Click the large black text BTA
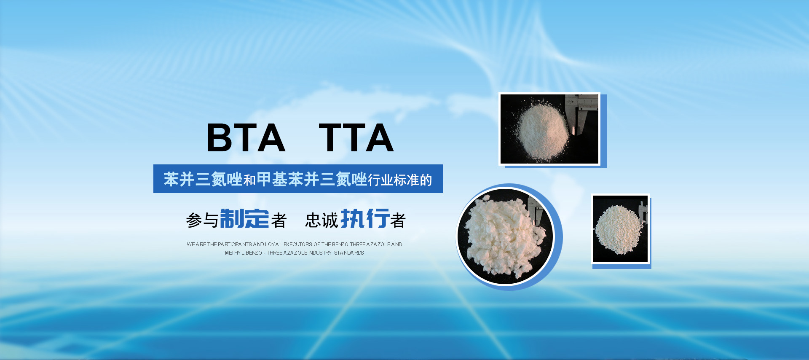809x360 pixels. point(246,137)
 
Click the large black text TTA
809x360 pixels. point(356,137)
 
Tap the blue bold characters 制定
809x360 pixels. point(244,218)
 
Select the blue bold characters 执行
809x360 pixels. point(365,218)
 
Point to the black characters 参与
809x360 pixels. point(203,220)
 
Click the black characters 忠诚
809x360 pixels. point(322,220)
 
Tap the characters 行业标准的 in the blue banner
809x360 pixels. point(400,180)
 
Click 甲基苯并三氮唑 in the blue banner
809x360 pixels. point(312,179)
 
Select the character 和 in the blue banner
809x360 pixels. point(249,180)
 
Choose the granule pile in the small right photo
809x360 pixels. point(619,229)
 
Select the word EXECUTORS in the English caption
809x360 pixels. point(298,244)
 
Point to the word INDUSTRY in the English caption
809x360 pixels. point(320,253)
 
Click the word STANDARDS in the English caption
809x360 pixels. point(349,253)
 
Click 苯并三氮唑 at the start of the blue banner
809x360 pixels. point(203,179)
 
